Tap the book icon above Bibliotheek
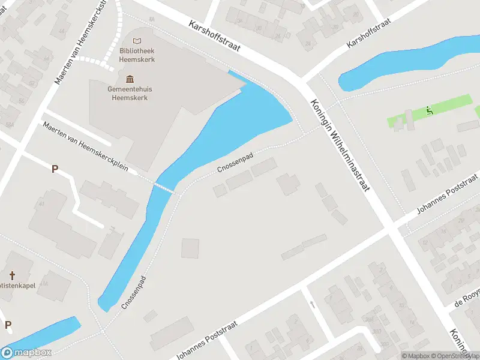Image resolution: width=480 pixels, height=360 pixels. (x=137, y=41)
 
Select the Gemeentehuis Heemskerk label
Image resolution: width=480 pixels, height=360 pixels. (x=130, y=93)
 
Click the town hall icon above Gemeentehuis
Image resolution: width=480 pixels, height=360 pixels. (x=130, y=79)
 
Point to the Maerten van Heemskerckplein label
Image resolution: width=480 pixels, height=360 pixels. (x=86, y=146)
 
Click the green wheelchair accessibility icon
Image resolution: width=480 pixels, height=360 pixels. (x=429, y=110)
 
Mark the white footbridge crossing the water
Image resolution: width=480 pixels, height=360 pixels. (x=164, y=188)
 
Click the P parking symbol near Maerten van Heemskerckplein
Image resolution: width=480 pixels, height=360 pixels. (x=55, y=169)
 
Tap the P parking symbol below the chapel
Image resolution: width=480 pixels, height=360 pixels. (x=8, y=325)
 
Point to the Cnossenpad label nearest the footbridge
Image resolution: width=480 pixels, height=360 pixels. (x=235, y=163)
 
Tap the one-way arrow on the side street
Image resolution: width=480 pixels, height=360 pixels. (x=312, y=304)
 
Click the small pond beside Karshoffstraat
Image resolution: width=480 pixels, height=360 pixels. (x=396, y=63)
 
